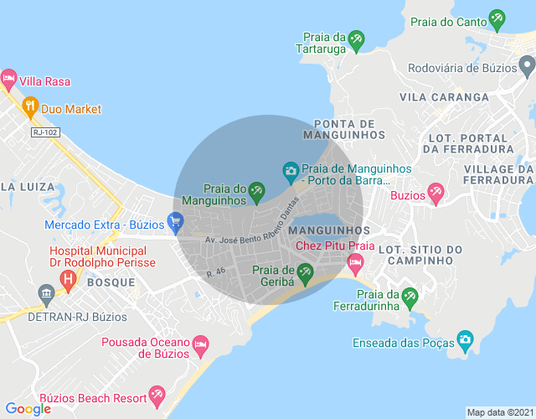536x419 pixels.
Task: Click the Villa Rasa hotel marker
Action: (x=9, y=81)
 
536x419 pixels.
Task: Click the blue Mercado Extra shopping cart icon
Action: (x=175, y=222)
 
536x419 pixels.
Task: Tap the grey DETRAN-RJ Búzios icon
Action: (x=46, y=293)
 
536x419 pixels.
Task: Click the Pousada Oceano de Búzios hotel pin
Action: (x=200, y=344)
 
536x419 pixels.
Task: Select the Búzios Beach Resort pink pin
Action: (x=156, y=394)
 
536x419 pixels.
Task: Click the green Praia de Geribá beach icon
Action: (x=305, y=271)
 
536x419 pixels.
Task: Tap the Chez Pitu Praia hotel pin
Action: (x=355, y=264)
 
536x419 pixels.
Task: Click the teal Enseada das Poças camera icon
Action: (x=465, y=340)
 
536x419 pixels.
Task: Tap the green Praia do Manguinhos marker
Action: (x=257, y=196)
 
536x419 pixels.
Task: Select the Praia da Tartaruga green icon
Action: (x=357, y=39)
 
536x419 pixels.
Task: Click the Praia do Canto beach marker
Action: (x=497, y=18)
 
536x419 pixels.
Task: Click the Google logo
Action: (x=28, y=409)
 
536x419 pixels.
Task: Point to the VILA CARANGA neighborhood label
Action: (x=444, y=97)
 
